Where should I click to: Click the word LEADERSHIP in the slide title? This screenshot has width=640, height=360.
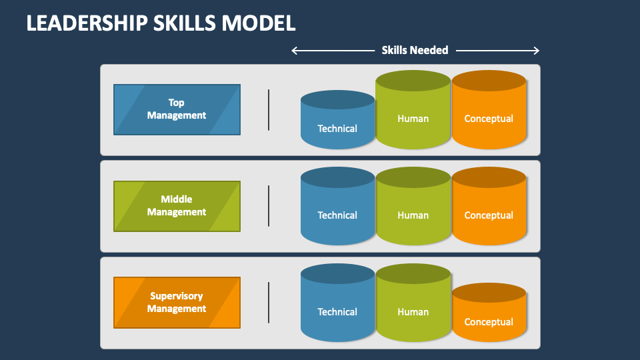point(87,23)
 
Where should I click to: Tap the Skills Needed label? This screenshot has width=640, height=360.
point(415,50)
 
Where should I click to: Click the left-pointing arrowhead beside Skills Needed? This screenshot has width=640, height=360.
point(295,51)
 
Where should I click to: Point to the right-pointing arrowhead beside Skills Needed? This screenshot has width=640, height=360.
point(536,51)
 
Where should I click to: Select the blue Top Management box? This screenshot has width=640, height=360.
point(177,109)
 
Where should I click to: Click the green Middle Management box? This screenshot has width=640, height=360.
point(177,206)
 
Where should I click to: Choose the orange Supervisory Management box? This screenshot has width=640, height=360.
point(177,303)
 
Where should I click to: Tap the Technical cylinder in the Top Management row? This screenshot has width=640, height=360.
point(337,119)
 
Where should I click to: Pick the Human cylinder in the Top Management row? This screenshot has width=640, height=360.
point(413,109)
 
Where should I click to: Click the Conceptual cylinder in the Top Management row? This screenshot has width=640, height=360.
point(489,109)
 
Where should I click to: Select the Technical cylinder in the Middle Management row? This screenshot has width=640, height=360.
point(337,206)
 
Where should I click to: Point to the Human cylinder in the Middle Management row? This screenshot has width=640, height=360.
point(413,206)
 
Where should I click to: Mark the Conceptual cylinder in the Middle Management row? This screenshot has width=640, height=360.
point(489,206)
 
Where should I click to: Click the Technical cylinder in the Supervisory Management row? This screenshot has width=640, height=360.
point(337,303)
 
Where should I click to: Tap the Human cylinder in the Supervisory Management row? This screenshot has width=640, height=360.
point(413,303)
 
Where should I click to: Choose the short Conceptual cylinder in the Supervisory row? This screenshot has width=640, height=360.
point(489,312)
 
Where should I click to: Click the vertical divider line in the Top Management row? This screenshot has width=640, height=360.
point(269,110)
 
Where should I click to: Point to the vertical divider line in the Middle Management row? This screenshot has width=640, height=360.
point(269,206)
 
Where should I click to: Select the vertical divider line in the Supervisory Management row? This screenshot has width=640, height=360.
point(269,303)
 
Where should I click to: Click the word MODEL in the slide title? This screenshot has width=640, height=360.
point(259,23)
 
